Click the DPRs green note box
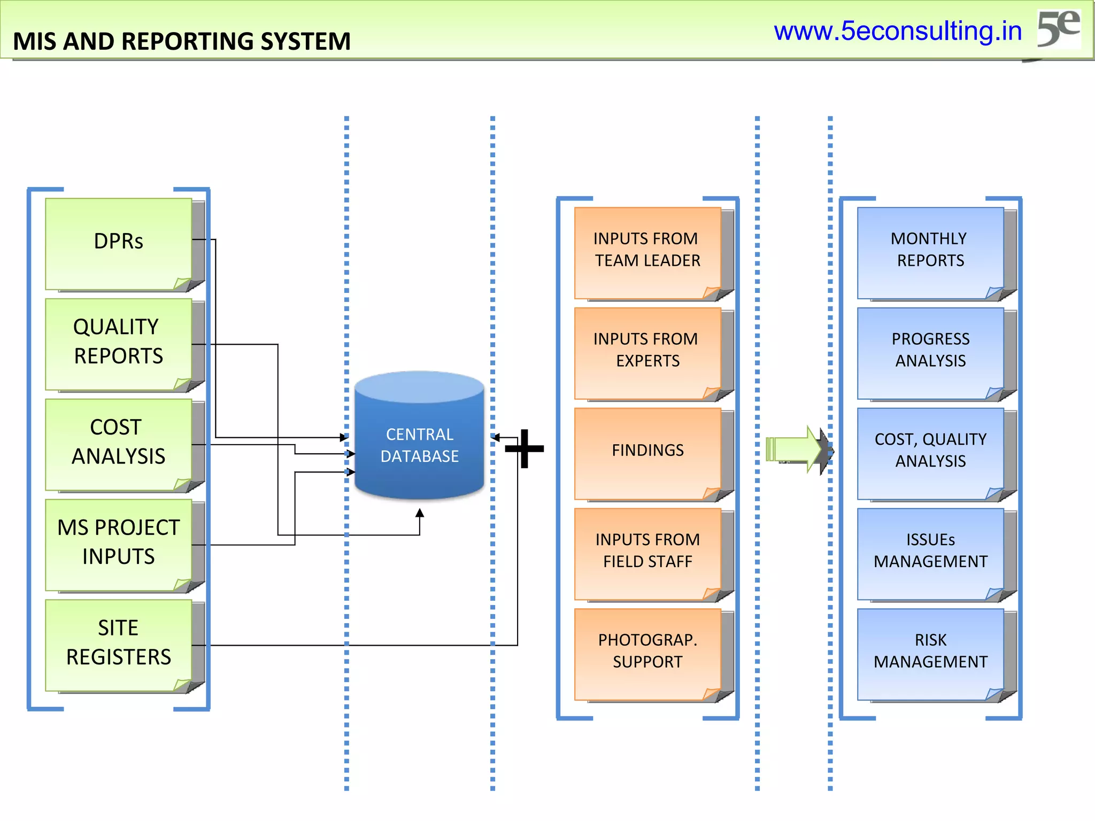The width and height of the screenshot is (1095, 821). point(119,244)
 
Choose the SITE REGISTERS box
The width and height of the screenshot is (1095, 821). point(119,645)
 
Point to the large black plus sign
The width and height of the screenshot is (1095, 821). point(525,448)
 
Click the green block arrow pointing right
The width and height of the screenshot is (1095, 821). point(794,449)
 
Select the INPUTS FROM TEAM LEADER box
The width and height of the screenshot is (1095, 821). point(647,252)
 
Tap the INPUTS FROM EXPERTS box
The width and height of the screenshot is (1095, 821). point(647,352)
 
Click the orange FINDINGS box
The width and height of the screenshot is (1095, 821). point(647,453)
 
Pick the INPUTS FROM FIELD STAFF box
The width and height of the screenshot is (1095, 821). point(647,553)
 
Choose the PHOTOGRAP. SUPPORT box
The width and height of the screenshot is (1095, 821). point(647,653)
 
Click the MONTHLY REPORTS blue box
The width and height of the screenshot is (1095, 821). point(930,252)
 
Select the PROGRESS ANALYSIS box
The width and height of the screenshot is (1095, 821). point(930,352)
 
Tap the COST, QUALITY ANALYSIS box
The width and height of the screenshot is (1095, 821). point(930,453)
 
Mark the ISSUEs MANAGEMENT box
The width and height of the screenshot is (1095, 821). point(930,553)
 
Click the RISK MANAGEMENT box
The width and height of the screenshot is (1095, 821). point(930,653)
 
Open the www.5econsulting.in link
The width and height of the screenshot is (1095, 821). point(898,31)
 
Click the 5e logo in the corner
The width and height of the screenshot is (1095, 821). point(1058,29)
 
